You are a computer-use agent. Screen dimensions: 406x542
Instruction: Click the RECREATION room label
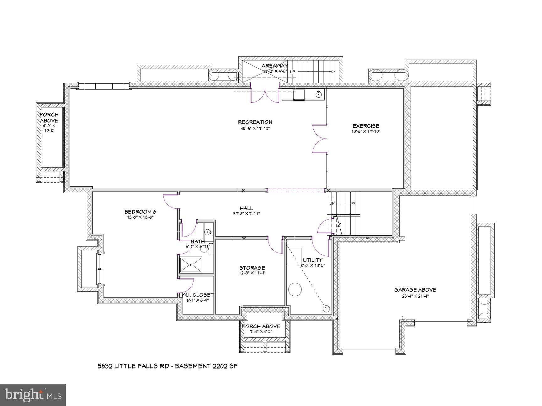pyautogui.click(x=255, y=122)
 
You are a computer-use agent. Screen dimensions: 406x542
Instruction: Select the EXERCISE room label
pyautogui.click(x=366, y=126)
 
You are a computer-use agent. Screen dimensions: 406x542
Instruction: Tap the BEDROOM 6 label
pyautogui.click(x=140, y=212)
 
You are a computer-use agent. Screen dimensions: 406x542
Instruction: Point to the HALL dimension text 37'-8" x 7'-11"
pyautogui.click(x=246, y=214)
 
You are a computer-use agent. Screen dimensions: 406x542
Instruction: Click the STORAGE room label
pyautogui.click(x=252, y=268)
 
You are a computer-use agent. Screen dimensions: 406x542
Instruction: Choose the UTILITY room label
pyautogui.click(x=312, y=260)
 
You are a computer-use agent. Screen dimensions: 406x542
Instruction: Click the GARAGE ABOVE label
pyautogui.click(x=415, y=290)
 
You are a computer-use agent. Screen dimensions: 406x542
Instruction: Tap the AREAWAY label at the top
pyautogui.click(x=275, y=66)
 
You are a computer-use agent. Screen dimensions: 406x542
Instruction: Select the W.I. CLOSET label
pyautogui.click(x=197, y=295)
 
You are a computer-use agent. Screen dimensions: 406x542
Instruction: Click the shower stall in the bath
pyautogui.click(x=191, y=265)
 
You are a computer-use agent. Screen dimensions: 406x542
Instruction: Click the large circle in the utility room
pyautogui.click(x=295, y=289)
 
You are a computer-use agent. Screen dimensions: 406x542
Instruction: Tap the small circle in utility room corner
pyautogui.click(x=326, y=309)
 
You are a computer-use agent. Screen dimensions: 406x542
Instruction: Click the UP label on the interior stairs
pyautogui.click(x=332, y=203)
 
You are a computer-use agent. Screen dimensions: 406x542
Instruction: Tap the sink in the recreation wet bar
pyautogui.click(x=319, y=93)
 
